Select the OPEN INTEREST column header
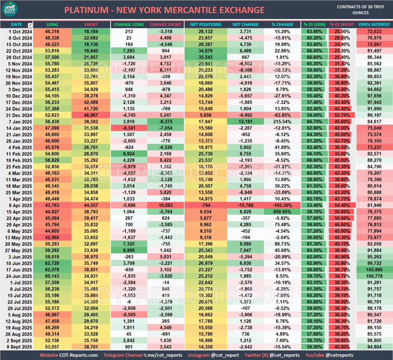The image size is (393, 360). click(375, 25)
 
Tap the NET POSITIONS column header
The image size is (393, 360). click(206, 25)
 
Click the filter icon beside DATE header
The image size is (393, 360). click(30, 25)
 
